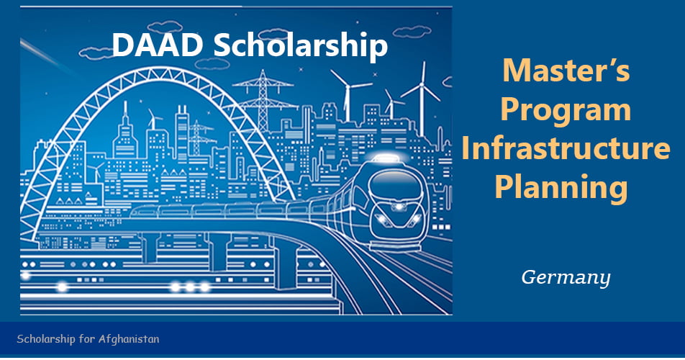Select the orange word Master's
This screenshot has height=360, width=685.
point(566,72)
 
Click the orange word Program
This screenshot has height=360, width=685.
point(566,110)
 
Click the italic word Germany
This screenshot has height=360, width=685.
point(566,277)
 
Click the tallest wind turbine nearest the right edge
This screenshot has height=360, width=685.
point(419,94)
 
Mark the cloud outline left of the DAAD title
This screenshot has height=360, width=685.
point(96,52)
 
